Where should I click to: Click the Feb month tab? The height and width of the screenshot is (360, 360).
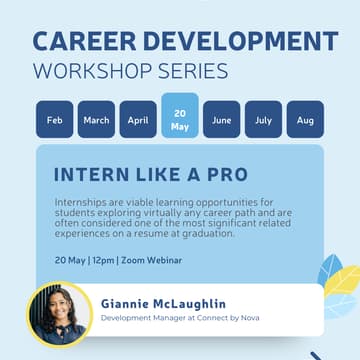pos(54,120)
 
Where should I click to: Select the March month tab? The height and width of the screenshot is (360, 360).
pos(96,120)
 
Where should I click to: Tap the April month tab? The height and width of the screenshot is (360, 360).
pos(138,120)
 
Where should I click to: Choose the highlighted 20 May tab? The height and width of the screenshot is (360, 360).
pos(180,120)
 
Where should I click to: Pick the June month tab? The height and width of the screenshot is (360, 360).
pos(222,120)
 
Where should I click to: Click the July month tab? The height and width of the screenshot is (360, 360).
pos(263,120)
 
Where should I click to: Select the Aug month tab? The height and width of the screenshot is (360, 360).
pos(305,120)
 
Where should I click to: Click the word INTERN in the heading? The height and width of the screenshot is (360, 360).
pos(90,173)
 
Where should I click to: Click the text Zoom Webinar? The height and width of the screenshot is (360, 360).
pos(151,260)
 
